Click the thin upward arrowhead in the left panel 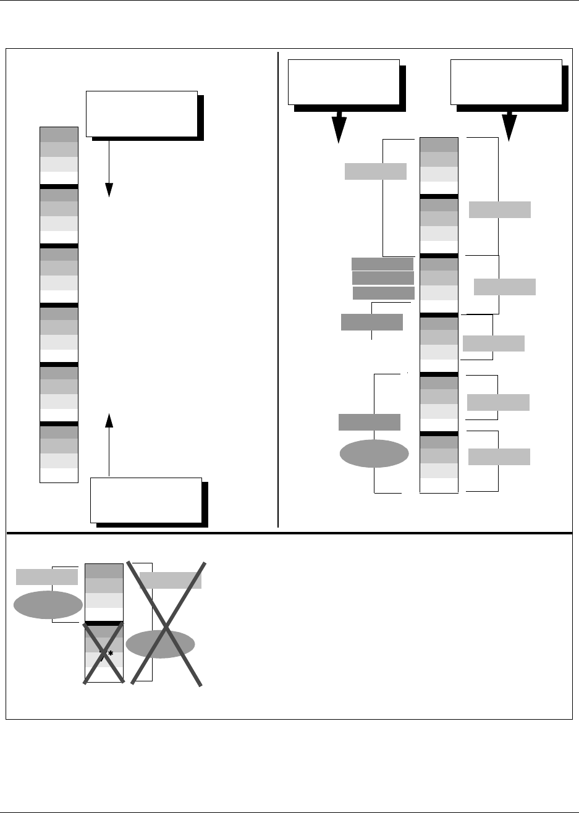[x=109, y=421]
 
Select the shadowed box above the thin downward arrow [x=142, y=113]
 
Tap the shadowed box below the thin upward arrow [x=146, y=500]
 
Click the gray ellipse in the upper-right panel [x=374, y=454]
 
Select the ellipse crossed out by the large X [x=160, y=644]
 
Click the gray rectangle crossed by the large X [x=171, y=580]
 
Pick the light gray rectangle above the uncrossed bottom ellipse [x=47, y=576]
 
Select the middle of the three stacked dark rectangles [x=383, y=278]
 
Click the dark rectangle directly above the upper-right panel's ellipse [x=370, y=422]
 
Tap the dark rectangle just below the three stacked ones [x=372, y=322]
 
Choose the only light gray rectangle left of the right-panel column [x=376, y=171]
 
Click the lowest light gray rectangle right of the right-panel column [x=499, y=457]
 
